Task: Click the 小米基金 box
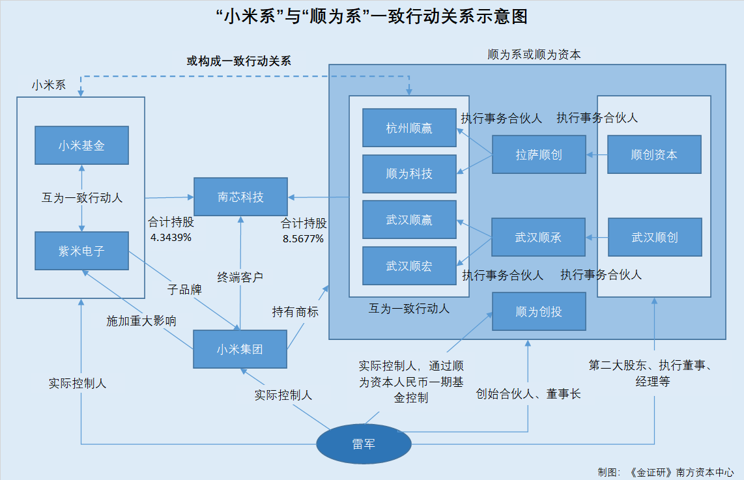pyautogui.click(x=81, y=146)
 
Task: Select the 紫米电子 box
pyautogui.click(x=81, y=250)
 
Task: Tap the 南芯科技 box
pyautogui.click(x=240, y=197)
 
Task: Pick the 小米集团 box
pyautogui.click(x=240, y=349)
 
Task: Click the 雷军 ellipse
pyautogui.click(x=364, y=444)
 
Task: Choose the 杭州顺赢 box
pyautogui.click(x=409, y=128)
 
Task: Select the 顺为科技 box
pyautogui.click(x=409, y=174)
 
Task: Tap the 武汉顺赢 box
pyautogui.click(x=409, y=220)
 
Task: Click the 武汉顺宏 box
pyautogui.click(x=409, y=266)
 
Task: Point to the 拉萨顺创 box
pyautogui.click(x=539, y=154)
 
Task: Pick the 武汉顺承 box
pyautogui.click(x=538, y=238)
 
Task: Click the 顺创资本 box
pyautogui.click(x=654, y=154)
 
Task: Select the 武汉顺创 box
pyautogui.click(x=655, y=237)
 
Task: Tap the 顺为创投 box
pyautogui.click(x=539, y=311)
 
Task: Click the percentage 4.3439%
pyautogui.click(x=171, y=237)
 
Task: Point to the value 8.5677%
pyautogui.click(x=303, y=238)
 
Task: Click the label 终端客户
pyautogui.click(x=240, y=277)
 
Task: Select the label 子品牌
pyautogui.click(x=184, y=289)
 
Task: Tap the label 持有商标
pyautogui.click(x=295, y=311)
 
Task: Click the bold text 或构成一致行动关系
pyautogui.click(x=239, y=61)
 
